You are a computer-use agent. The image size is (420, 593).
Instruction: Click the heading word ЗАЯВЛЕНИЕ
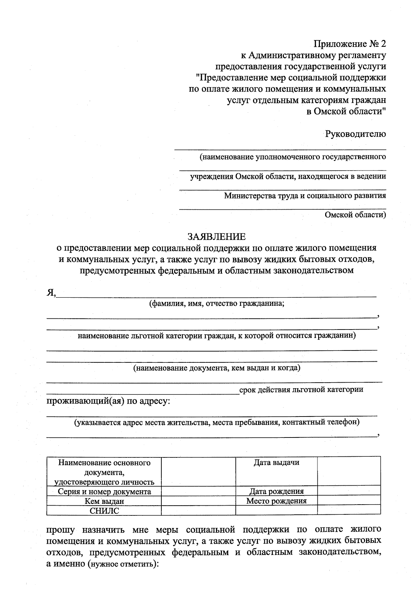(x=217, y=237)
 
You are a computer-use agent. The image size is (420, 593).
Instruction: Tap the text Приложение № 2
(x=350, y=44)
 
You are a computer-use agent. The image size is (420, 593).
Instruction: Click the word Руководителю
(x=355, y=133)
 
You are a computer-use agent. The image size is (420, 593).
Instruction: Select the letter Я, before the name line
(x=51, y=293)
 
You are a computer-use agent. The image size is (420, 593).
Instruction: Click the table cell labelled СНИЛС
(x=104, y=511)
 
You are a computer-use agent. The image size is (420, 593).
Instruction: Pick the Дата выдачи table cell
(x=276, y=463)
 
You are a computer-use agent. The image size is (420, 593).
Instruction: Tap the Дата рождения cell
(x=276, y=491)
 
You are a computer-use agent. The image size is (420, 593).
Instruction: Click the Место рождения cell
(x=276, y=501)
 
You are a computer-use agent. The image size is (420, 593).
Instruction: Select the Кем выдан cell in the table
(x=104, y=501)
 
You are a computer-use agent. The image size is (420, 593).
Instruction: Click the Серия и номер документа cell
(x=104, y=492)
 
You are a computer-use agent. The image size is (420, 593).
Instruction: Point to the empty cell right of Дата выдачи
(x=349, y=470)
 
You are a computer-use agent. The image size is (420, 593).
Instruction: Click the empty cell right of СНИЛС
(x=198, y=510)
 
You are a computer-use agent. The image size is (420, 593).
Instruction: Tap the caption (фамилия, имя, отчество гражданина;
(x=217, y=304)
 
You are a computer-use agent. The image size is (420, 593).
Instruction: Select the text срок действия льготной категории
(x=301, y=389)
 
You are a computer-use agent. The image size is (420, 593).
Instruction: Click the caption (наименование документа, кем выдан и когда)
(x=217, y=368)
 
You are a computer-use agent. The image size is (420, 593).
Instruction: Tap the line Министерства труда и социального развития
(x=305, y=196)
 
